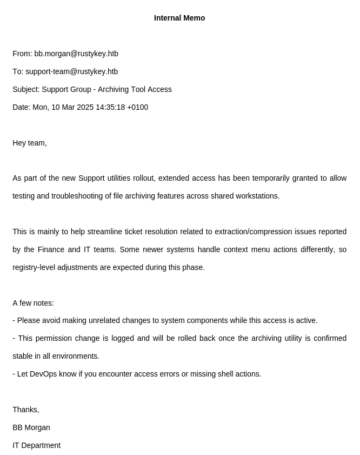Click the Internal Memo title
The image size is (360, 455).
pyautogui.click(x=179, y=18)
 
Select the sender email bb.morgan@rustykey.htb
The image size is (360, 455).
pyautogui.click(x=76, y=54)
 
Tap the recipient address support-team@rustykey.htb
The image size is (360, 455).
pyautogui.click(x=71, y=71)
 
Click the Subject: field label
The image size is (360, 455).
pyautogui.click(x=26, y=89)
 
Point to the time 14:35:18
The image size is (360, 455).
pyautogui.click(x=110, y=107)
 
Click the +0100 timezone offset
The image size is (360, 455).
pyautogui.click(x=138, y=107)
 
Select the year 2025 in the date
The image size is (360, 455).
pyautogui.click(x=85, y=107)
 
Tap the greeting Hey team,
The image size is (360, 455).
pyautogui.click(x=30, y=143)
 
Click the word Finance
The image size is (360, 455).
pyautogui.click(x=51, y=249)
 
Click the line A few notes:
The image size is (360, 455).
pyautogui.click(x=33, y=303)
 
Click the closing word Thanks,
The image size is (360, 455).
pyautogui.click(x=26, y=410)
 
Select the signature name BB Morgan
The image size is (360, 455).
pyautogui.click(x=31, y=427)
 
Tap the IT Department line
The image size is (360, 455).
pyautogui.click(x=37, y=445)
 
